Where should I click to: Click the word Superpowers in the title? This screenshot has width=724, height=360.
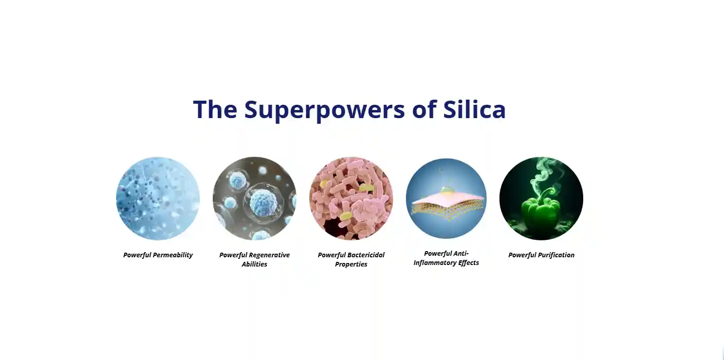pyautogui.click(x=324, y=110)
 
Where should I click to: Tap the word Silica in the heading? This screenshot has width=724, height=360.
pyautogui.click(x=474, y=109)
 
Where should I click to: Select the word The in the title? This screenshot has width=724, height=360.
pyautogui.click(x=215, y=109)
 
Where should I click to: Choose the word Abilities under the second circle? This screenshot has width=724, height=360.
pyautogui.click(x=254, y=264)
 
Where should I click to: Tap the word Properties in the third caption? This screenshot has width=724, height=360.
pyautogui.click(x=351, y=264)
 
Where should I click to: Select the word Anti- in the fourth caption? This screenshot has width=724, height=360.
pyautogui.click(x=460, y=253)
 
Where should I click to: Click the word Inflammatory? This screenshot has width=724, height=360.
pyautogui.click(x=434, y=263)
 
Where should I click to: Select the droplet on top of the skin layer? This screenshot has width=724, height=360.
pyautogui.click(x=447, y=191)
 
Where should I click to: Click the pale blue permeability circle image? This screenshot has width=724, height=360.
pyautogui.click(x=158, y=198)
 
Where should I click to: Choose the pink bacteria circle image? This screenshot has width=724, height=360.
pyautogui.click(x=351, y=198)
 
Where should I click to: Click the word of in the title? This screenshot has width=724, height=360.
pyautogui.click(x=424, y=109)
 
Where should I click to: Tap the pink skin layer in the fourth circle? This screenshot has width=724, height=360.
pyautogui.click(x=447, y=200)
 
